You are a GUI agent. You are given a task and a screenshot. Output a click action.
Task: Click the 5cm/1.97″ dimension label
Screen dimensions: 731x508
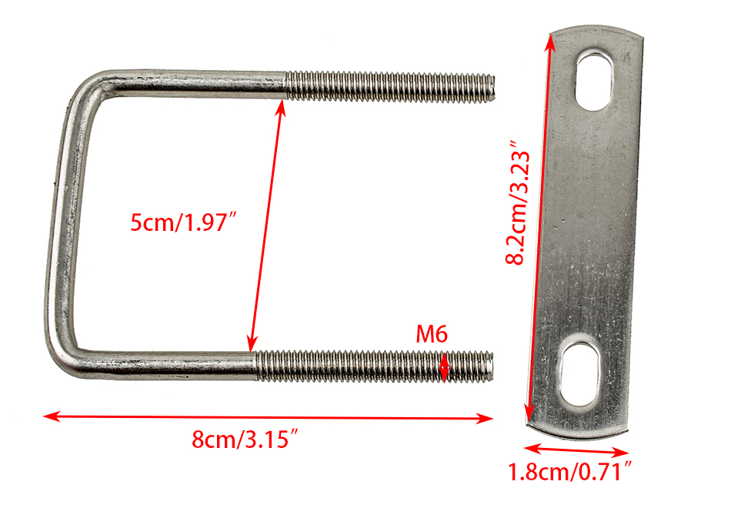pyautogui.click(x=184, y=222)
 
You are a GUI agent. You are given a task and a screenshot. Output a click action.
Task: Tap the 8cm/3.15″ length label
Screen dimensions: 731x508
pyautogui.click(x=245, y=439)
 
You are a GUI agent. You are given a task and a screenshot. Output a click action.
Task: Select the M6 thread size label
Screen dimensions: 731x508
pyautogui.click(x=432, y=334)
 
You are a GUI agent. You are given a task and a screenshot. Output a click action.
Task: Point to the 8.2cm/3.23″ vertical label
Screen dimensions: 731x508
pyautogui.click(x=519, y=202)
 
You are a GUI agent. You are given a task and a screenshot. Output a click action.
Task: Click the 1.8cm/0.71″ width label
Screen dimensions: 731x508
pyautogui.click(x=569, y=472)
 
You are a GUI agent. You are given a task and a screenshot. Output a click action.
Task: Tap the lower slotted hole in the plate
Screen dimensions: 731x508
pyautogui.click(x=579, y=375)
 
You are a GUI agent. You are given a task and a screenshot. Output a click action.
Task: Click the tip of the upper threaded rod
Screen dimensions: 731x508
pyautogui.click(x=493, y=88)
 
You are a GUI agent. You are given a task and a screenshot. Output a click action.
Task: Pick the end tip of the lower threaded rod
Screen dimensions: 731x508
pyautogui.click(x=492, y=366)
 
